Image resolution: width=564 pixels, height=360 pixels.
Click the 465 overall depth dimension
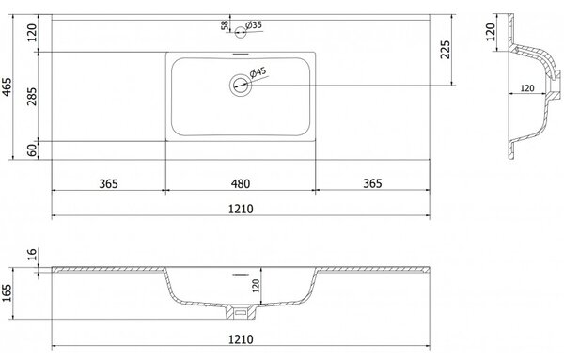(8, 86)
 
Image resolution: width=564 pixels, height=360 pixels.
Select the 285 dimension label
(32, 97)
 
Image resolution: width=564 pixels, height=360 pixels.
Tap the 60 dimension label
(32, 150)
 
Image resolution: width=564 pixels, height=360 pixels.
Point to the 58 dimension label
(225, 25)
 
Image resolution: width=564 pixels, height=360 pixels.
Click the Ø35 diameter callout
(254, 25)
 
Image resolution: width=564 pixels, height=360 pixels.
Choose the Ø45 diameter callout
(258, 72)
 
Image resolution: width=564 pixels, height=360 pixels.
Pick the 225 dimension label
(446, 50)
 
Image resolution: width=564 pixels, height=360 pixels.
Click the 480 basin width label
(241, 184)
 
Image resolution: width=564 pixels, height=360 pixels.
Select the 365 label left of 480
(108, 184)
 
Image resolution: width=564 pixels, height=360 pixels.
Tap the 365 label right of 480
(372, 183)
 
